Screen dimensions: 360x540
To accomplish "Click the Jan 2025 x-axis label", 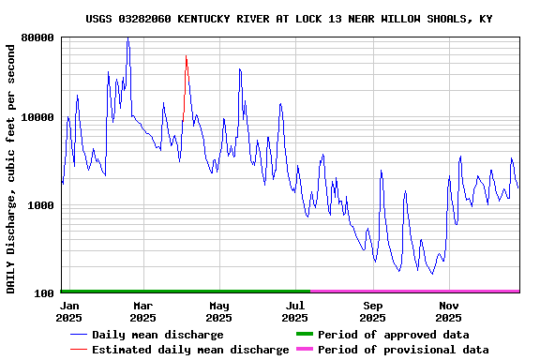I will tap(69, 311).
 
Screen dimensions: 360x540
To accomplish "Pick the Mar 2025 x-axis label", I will tap(142, 311).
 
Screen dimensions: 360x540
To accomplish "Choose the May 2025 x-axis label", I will tap(219, 311).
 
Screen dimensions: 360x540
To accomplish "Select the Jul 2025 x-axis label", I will tap(295, 311).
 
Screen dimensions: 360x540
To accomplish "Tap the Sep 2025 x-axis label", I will tap(372, 311).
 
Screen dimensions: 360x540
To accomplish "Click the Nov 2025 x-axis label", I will tap(449, 311).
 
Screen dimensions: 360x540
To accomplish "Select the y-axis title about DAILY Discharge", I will tap(11, 167).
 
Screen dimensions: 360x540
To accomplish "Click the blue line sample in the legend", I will tap(78, 335).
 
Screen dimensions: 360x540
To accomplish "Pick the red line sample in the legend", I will tap(78, 350).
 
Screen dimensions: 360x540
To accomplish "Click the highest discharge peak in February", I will tap(127, 37).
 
